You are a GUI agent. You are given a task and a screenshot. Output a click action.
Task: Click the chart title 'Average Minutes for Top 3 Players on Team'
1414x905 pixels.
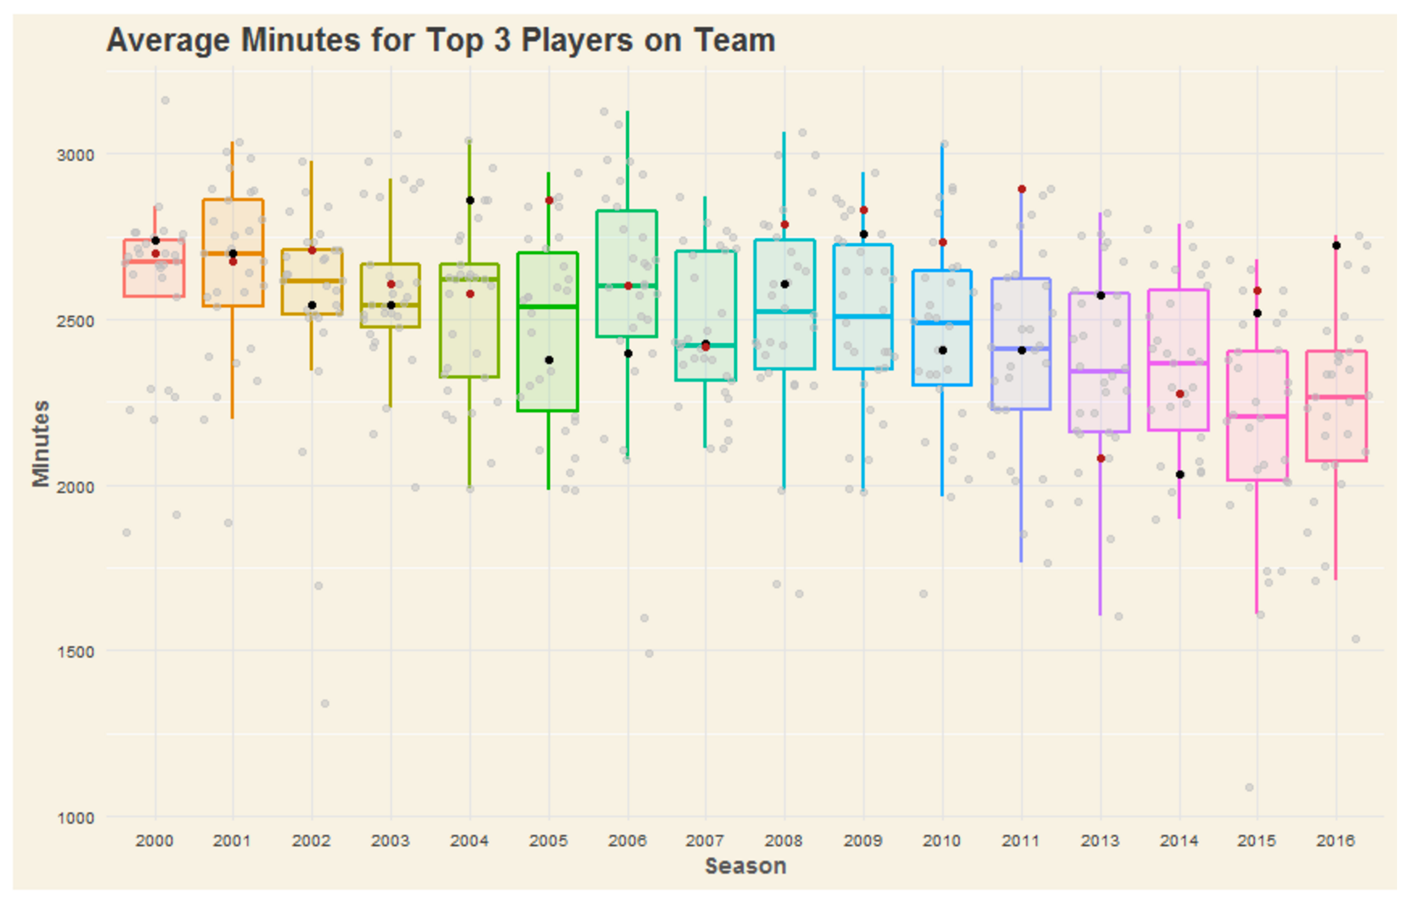(441, 41)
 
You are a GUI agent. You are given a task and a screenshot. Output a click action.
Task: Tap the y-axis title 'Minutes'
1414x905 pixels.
(41, 443)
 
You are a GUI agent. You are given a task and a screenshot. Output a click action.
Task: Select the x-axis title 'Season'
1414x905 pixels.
(745, 866)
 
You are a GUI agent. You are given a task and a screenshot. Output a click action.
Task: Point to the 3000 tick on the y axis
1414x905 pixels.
(75, 155)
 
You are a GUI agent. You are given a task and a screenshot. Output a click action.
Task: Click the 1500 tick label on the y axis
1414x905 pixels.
(75, 652)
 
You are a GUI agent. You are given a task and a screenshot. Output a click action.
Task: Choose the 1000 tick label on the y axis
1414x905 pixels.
(75, 818)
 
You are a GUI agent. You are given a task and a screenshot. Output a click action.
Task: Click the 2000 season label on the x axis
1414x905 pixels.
(154, 841)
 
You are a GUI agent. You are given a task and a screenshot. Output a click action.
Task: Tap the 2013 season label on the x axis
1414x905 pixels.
(1100, 841)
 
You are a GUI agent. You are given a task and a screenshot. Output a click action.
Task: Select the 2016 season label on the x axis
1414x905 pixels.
(1336, 841)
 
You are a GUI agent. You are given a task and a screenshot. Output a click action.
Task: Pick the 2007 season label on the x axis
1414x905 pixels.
(705, 841)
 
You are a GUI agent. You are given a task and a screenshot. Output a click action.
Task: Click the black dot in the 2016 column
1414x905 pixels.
(1337, 245)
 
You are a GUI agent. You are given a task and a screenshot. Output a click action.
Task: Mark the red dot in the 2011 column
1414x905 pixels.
(1022, 189)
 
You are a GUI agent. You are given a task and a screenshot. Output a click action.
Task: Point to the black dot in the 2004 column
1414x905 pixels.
(470, 200)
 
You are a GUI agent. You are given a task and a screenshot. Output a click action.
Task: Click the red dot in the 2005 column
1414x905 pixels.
(549, 200)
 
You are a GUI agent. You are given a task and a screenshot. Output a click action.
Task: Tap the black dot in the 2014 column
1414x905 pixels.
(1180, 475)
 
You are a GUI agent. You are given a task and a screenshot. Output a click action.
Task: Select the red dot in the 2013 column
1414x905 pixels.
(1101, 458)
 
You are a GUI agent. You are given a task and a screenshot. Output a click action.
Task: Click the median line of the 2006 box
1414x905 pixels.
(627, 286)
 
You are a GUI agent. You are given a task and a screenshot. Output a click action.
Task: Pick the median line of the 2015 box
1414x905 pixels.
(1258, 417)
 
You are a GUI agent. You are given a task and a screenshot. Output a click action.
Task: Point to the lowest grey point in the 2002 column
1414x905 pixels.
(325, 704)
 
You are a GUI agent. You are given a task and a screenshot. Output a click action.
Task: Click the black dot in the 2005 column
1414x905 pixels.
(549, 360)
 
